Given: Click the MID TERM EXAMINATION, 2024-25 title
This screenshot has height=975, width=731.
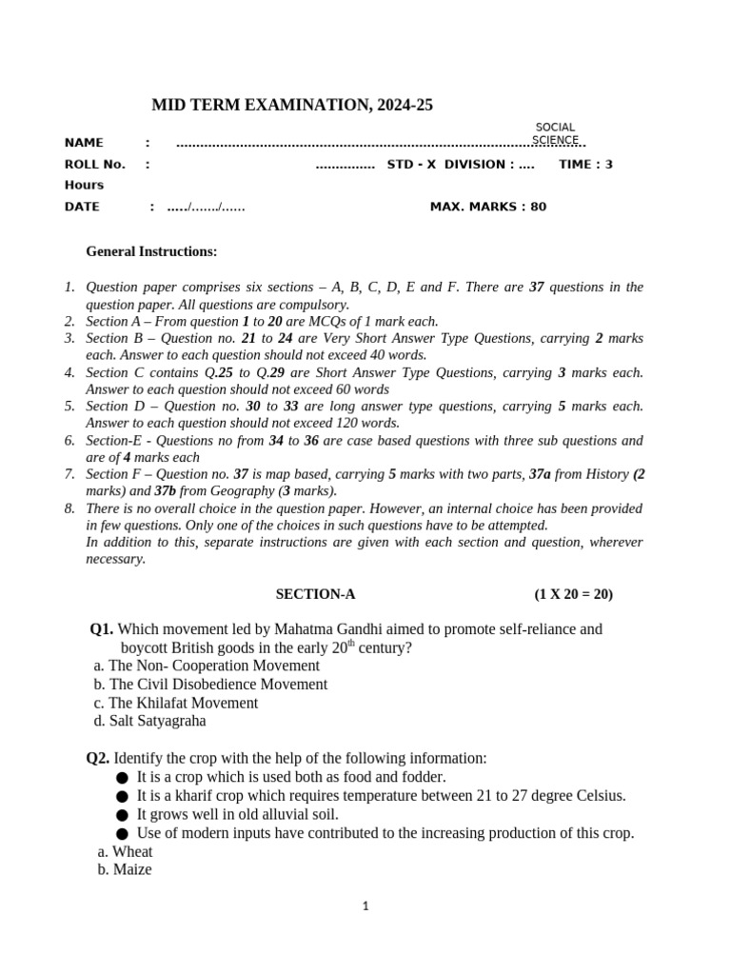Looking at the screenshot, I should coord(292,106).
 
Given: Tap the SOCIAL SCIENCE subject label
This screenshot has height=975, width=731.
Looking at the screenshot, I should coord(555,133).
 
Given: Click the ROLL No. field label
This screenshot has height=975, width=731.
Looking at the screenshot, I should coord(94,164).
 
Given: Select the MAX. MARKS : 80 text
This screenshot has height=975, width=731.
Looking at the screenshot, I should coord(488,207).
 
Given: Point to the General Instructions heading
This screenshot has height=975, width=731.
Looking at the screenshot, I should coord(151,251).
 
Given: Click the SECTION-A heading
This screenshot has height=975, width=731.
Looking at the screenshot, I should coord(315,594).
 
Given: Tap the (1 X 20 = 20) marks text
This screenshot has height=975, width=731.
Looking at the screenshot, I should coord(574,594).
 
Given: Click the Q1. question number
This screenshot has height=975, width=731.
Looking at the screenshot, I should coord(102,629).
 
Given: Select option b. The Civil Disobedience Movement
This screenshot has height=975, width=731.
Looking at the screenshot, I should coord(210,684).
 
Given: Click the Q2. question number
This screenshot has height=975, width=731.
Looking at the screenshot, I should coord(98,758).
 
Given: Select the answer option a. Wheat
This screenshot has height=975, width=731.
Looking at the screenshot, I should coord(125,851).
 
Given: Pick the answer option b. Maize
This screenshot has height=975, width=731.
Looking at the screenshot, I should coord(124,869).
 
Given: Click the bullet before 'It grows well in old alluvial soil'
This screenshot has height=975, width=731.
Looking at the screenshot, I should coord(122,815).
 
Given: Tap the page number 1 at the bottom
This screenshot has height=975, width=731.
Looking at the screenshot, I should coord(365,907).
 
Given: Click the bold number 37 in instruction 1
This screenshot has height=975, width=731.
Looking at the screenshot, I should coord(536,287).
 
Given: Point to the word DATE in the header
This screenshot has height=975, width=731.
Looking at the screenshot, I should coord(82,207).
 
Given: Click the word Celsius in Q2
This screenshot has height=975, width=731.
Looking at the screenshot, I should coord(601,795).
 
